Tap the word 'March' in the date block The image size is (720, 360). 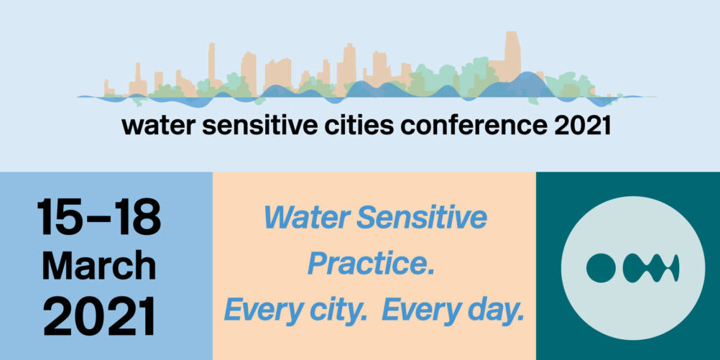[99, 266]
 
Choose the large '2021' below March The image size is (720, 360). [99, 316]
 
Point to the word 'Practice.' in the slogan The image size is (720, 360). [371, 264]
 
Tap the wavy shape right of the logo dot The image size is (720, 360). [651, 268]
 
